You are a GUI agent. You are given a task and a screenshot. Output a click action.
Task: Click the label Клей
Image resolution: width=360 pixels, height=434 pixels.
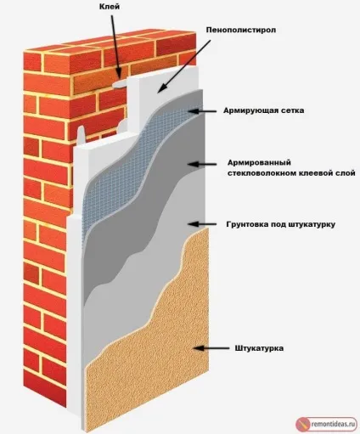pyautogui.click(x=110, y=7)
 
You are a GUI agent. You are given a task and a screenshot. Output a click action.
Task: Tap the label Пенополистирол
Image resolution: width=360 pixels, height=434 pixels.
pyautogui.click(x=241, y=30)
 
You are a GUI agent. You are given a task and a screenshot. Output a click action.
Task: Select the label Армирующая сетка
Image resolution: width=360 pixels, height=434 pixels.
pyautogui.click(x=263, y=110)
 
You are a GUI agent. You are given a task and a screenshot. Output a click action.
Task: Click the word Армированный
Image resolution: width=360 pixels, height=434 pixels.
pyautogui.click(x=259, y=162)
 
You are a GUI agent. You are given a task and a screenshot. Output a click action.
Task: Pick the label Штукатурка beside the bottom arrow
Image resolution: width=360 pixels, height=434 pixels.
pyautogui.click(x=259, y=348)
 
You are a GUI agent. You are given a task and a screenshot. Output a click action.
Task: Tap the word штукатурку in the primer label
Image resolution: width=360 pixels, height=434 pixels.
pyautogui.click(x=312, y=224)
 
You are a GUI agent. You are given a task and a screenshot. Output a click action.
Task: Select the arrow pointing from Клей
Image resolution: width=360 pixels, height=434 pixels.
pyautogui.click(x=116, y=47)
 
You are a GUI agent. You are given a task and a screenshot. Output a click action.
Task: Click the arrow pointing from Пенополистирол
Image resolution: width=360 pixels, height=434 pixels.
pyautogui.click(x=184, y=66)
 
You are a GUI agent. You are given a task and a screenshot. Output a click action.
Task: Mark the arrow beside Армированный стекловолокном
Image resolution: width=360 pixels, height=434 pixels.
pyautogui.click(x=202, y=164)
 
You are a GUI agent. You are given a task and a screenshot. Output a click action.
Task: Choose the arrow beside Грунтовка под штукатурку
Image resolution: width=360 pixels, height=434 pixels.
pyautogui.click(x=202, y=224)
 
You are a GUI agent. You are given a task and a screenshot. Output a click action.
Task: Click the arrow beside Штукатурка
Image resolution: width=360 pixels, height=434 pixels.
pyautogui.click(x=211, y=348)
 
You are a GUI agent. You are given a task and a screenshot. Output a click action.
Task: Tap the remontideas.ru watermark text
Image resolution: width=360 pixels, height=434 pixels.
pyautogui.click(x=333, y=424)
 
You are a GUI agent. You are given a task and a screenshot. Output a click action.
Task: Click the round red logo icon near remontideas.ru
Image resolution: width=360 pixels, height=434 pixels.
pyautogui.click(x=303, y=425)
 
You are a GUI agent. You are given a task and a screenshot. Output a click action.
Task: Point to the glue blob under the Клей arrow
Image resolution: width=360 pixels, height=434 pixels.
pyautogui.click(x=120, y=83)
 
